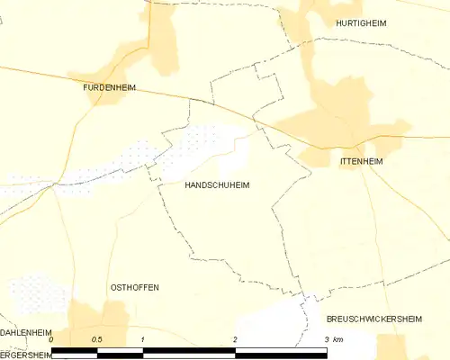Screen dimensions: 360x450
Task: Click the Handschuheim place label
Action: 217,184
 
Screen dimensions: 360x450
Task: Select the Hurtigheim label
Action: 361,23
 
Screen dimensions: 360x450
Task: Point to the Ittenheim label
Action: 362,161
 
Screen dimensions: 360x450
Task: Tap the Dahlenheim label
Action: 25,332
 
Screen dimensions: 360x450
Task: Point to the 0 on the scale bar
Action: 52,340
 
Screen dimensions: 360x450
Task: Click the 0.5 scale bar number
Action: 97,340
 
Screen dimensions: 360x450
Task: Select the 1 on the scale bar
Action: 143,340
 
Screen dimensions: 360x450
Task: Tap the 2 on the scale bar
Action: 235,340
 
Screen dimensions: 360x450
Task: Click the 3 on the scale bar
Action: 326,340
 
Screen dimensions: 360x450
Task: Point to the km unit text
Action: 337,340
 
